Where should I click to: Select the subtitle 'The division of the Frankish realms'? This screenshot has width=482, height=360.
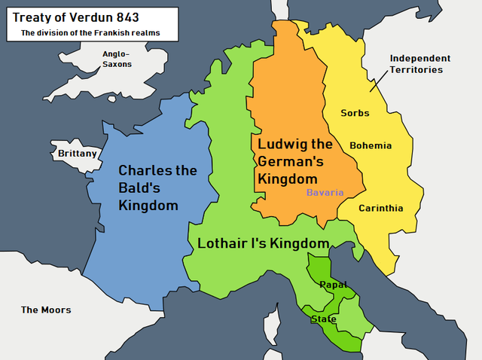(x=90, y=33)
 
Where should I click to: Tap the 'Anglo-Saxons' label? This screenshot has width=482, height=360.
(x=117, y=59)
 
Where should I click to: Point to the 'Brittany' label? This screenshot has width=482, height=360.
(x=78, y=154)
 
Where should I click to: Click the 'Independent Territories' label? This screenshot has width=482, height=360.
(x=420, y=64)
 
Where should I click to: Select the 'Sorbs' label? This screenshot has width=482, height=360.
(x=355, y=113)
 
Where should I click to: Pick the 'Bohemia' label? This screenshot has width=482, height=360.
(x=371, y=145)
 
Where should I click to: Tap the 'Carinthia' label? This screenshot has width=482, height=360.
(x=380, y=208)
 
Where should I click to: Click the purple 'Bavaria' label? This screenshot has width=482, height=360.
(x=325, y=193)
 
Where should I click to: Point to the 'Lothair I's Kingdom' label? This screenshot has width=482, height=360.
(x=263, y=243)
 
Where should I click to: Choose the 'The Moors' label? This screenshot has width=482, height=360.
(x=46, y=310)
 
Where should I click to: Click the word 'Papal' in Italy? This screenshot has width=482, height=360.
(x=333, y=284)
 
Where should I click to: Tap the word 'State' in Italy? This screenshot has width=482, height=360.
(x=324, y=319)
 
